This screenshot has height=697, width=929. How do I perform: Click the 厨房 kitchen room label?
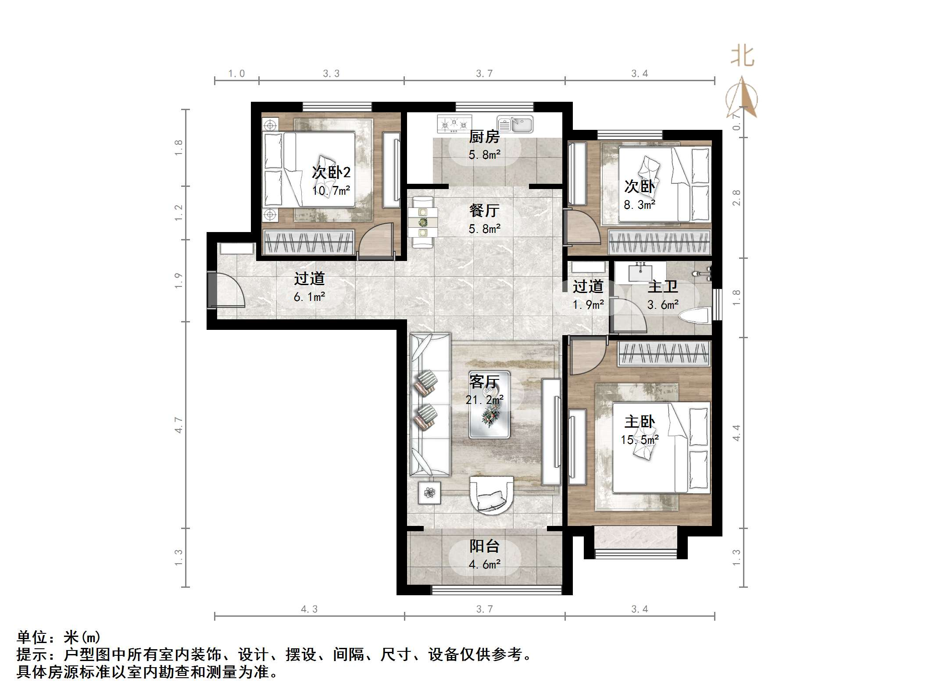[x=484, y=137]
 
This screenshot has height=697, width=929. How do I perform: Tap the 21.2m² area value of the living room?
[x=484, y=400]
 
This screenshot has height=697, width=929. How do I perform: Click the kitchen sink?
[x=515, y=125]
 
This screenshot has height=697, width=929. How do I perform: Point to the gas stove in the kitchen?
[x=454, y=124]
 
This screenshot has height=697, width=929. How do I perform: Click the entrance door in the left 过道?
[x=226, y=290]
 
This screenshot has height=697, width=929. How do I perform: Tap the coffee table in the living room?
[x=490, y=404]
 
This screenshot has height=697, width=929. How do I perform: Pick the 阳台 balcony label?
[x=484, y=546]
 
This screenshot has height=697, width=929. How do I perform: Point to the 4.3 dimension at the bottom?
[x=309, y=609]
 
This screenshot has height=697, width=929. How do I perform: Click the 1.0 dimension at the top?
[x=236, y=74]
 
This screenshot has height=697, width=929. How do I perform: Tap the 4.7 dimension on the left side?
[x=179, y=425]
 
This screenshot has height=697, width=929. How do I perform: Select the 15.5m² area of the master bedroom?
[x=640, y=440]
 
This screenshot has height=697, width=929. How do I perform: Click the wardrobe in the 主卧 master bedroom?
[x=664, y=354]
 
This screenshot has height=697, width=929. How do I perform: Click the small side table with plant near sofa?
[x=429, y=493]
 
